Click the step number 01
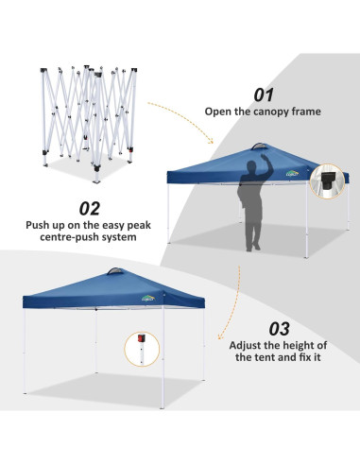coord(263,95)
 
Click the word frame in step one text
coord(304,112)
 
